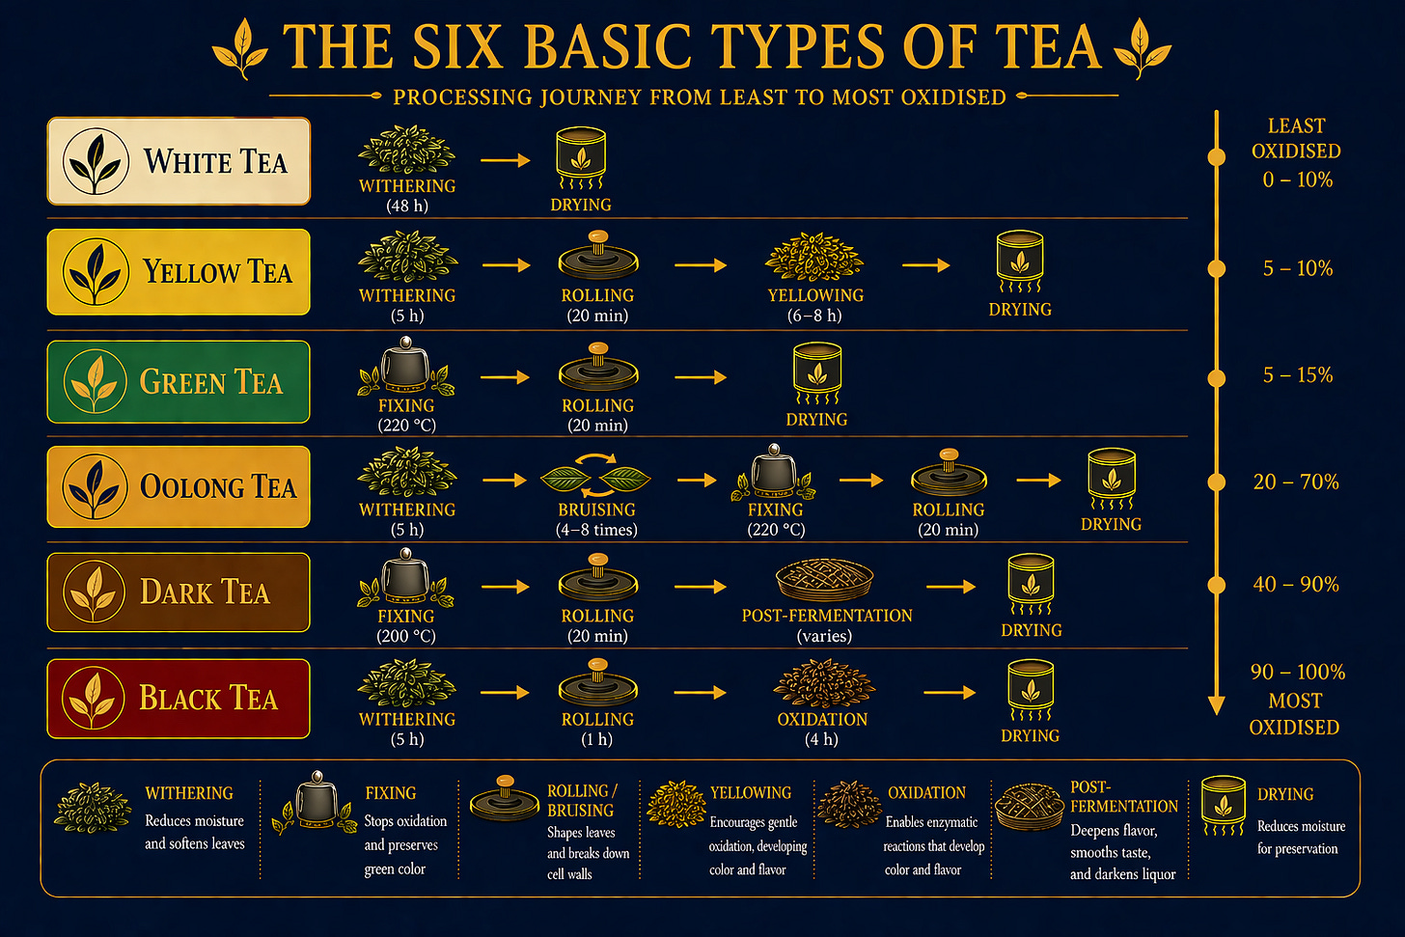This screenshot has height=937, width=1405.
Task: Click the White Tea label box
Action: [x=179, y=161]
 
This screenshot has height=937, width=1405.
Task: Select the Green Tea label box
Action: [x=179, y=382]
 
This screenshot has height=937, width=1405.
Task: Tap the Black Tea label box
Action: [x=179, y=699]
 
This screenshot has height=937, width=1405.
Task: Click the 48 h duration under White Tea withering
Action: [x=406, y=206]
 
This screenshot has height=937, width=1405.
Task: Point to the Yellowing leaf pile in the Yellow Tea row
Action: [x=814, y=257]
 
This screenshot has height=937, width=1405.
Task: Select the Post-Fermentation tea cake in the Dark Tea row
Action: [x=825, y=579]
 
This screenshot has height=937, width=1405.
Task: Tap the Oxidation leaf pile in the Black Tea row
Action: [x=822, y=685]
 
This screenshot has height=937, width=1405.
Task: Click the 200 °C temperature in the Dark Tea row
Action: [x=406, y=636]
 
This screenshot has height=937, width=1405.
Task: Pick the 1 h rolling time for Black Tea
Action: [x=597, y=739]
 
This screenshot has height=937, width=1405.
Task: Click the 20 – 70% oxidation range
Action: [x=1296, y=482]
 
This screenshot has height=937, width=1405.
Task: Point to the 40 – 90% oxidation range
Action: [x=1296, y=584]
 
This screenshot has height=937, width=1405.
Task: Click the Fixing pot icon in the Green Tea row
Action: [x=406, y=368]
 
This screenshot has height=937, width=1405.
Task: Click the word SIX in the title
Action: [x=455, y=46]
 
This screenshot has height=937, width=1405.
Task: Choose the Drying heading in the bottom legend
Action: [x=1285, y=794]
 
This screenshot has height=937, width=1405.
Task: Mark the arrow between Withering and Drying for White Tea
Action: [x=505, y=160]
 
